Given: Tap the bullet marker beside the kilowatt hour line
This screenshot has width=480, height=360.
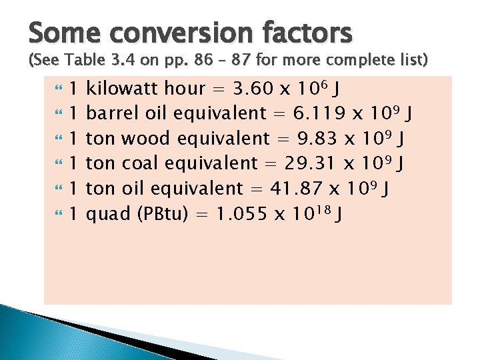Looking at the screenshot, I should (57, 88).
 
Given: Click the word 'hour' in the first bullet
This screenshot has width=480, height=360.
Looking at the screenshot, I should (185, 88).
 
